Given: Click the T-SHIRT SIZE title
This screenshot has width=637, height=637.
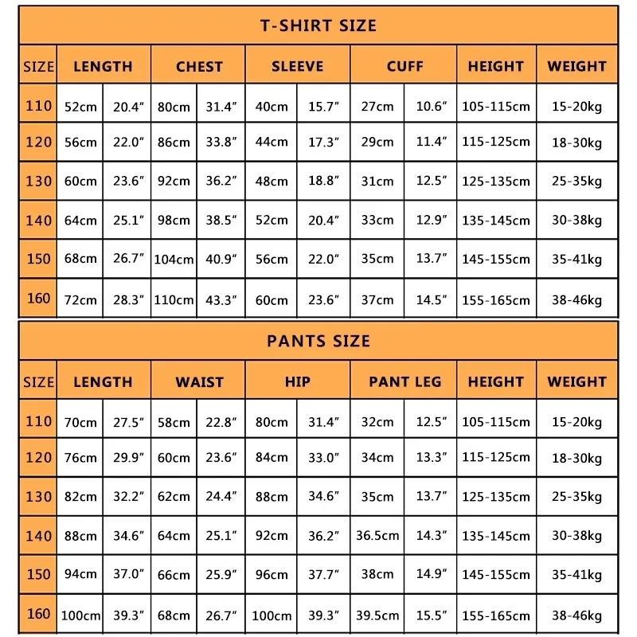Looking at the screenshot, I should tap(318, 25).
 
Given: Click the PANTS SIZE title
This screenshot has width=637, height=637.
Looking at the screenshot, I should tap(318, 341).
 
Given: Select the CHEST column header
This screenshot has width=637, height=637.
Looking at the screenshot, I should tap(199, 67).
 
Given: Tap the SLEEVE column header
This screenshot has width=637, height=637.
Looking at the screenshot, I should tap(298, 67).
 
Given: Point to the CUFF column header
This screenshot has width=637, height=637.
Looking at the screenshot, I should tap(404, 67).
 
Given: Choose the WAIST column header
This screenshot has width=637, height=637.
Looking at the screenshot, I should tap(199, 382).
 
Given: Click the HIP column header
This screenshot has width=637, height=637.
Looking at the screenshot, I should tap(298, 382).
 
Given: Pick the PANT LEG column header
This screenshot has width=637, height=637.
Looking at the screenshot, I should tap(404, 382).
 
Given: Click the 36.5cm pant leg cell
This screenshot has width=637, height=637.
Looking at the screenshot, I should tap(377, 536).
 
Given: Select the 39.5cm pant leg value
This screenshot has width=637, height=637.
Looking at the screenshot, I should tap(377, 616).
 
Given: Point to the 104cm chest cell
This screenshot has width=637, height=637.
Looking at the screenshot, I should tap(174, 260).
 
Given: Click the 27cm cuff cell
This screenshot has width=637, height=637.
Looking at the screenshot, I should tap(377, 107).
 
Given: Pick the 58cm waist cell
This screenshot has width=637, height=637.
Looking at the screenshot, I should tap(174, 422).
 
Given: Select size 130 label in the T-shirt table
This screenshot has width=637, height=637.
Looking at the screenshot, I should tap(38, 181).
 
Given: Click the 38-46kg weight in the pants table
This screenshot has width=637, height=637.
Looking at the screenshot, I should tap(577, 616).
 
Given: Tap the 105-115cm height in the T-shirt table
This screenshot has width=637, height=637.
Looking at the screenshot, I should tap(496, 107).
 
